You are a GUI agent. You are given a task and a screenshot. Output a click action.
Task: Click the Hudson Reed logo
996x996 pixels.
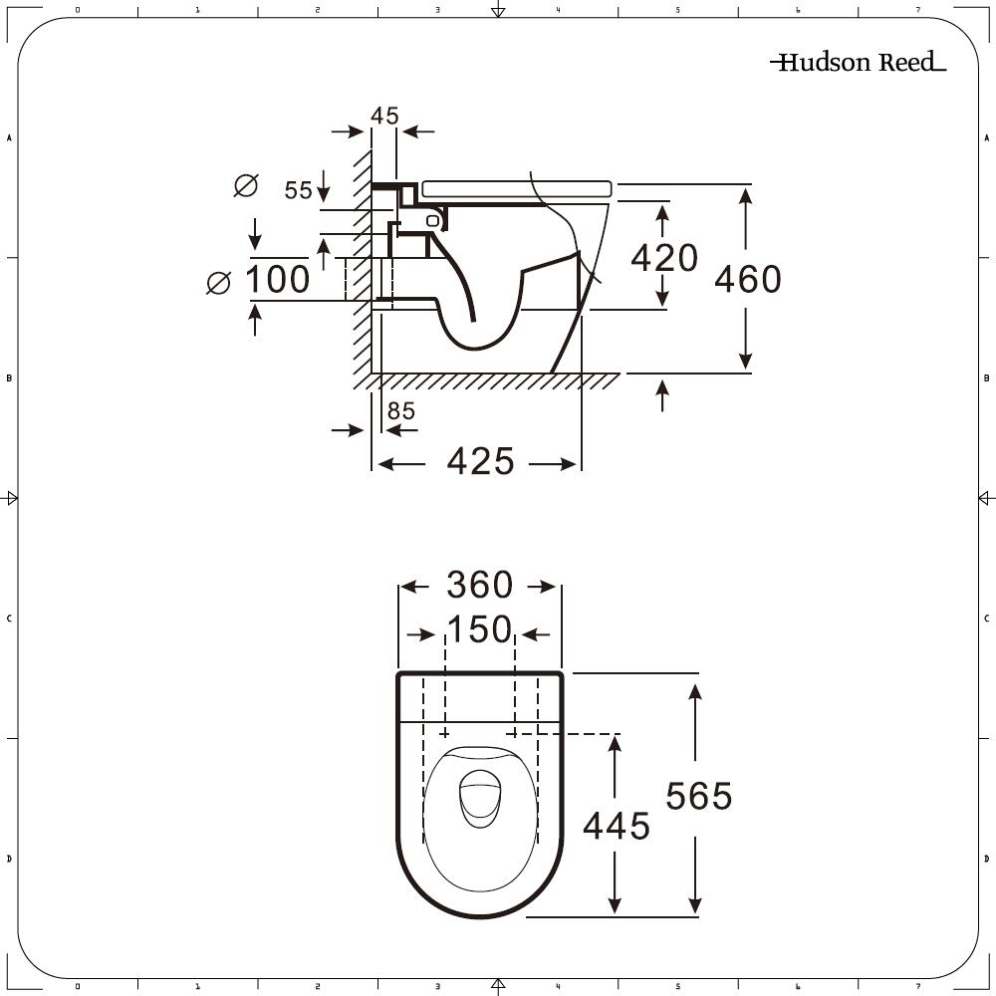tap(859, 62)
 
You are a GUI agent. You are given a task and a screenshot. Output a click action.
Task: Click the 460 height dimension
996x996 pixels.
tap(748, 279)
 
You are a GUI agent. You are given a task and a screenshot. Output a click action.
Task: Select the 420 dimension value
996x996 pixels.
tap(663, 257)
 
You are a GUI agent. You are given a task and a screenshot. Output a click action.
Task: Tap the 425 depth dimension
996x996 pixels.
tap(480, 461)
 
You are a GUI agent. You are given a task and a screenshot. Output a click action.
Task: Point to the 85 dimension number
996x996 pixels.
tap(400, 411)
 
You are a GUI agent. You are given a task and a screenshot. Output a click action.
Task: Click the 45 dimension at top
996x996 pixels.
tap(384, 116)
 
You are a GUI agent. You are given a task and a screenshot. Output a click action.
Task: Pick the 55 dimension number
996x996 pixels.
tap(298, 190)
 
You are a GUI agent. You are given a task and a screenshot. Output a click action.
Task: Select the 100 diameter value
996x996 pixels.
tap(278, 279)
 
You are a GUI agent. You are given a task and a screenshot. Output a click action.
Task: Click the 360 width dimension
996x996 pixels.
tap(480, 585)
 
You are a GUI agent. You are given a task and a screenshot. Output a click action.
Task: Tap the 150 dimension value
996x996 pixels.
tap(480, 629)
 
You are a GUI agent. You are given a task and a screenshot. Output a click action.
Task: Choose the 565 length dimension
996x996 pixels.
tap(699, 796)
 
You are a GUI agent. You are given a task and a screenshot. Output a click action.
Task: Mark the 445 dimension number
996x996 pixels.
tap(617, 826)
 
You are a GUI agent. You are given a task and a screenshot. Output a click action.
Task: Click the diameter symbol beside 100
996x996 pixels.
tap(218, 283)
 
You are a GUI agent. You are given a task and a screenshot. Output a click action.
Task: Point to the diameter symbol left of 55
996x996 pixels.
tap(246, 185)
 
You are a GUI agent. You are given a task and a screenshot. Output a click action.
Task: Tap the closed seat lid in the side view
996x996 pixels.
tap(516, 188)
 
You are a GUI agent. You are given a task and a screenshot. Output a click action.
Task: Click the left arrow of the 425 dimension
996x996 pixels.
tap(401, 464)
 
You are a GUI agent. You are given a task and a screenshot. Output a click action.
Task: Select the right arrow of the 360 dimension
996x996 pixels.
tap(542, 587)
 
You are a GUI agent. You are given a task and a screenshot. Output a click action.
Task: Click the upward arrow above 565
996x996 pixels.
tap(695, 722)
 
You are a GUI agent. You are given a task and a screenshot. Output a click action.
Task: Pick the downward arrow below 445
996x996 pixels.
tap(615, 882)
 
